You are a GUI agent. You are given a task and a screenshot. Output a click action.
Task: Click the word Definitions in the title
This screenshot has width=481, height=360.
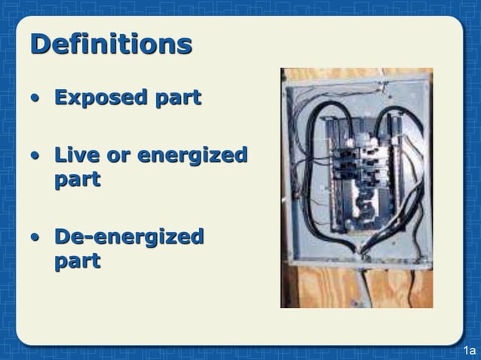111,44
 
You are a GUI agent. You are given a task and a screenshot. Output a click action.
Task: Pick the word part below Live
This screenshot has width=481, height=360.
77,181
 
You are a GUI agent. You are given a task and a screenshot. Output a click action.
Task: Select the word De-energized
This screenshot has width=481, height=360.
129,237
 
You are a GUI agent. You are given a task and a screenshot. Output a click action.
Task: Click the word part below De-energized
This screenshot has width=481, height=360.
77,262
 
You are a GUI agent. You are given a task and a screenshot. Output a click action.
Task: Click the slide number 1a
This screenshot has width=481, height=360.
470,351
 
